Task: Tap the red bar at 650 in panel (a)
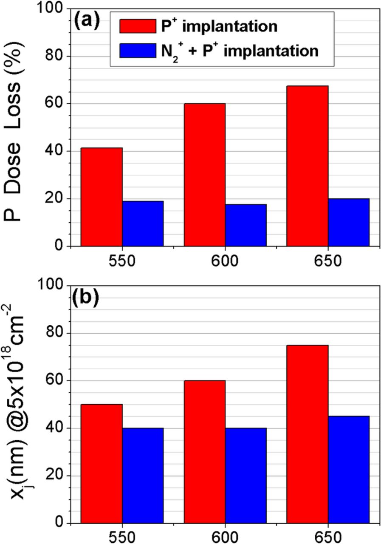point(307,166)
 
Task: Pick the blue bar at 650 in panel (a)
point(348,222)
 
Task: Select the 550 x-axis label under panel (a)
point(122,261)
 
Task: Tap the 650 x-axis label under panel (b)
point(328,536)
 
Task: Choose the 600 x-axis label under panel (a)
point(225,261)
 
